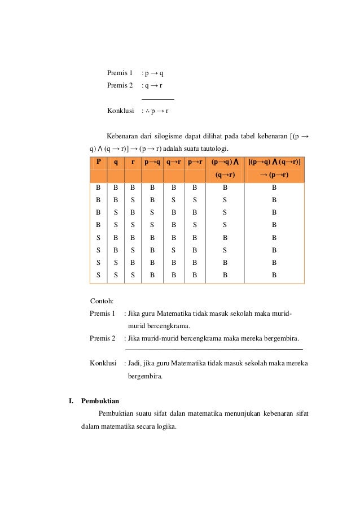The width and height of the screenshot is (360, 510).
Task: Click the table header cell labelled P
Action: (x=98, y=162)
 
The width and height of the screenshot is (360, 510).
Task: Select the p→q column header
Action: (x=152, y=162)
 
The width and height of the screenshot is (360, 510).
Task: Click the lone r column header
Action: (x=132, y=162)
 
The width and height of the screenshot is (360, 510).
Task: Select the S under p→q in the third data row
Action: (x=152, y=212)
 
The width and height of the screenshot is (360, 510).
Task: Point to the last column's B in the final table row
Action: (x=274, y=276)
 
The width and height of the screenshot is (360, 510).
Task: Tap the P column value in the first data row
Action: (x=98, y=187)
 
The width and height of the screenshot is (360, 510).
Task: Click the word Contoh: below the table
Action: (x=102, y=300)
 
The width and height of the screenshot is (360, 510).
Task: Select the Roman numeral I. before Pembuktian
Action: (x=71, y=402)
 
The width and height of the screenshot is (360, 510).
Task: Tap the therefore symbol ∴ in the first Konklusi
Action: (x=146, y=111)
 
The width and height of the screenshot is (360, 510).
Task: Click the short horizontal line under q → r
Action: (x=157, y=99)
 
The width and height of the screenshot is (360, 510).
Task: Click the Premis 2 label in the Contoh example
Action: (x=102, y=338)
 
